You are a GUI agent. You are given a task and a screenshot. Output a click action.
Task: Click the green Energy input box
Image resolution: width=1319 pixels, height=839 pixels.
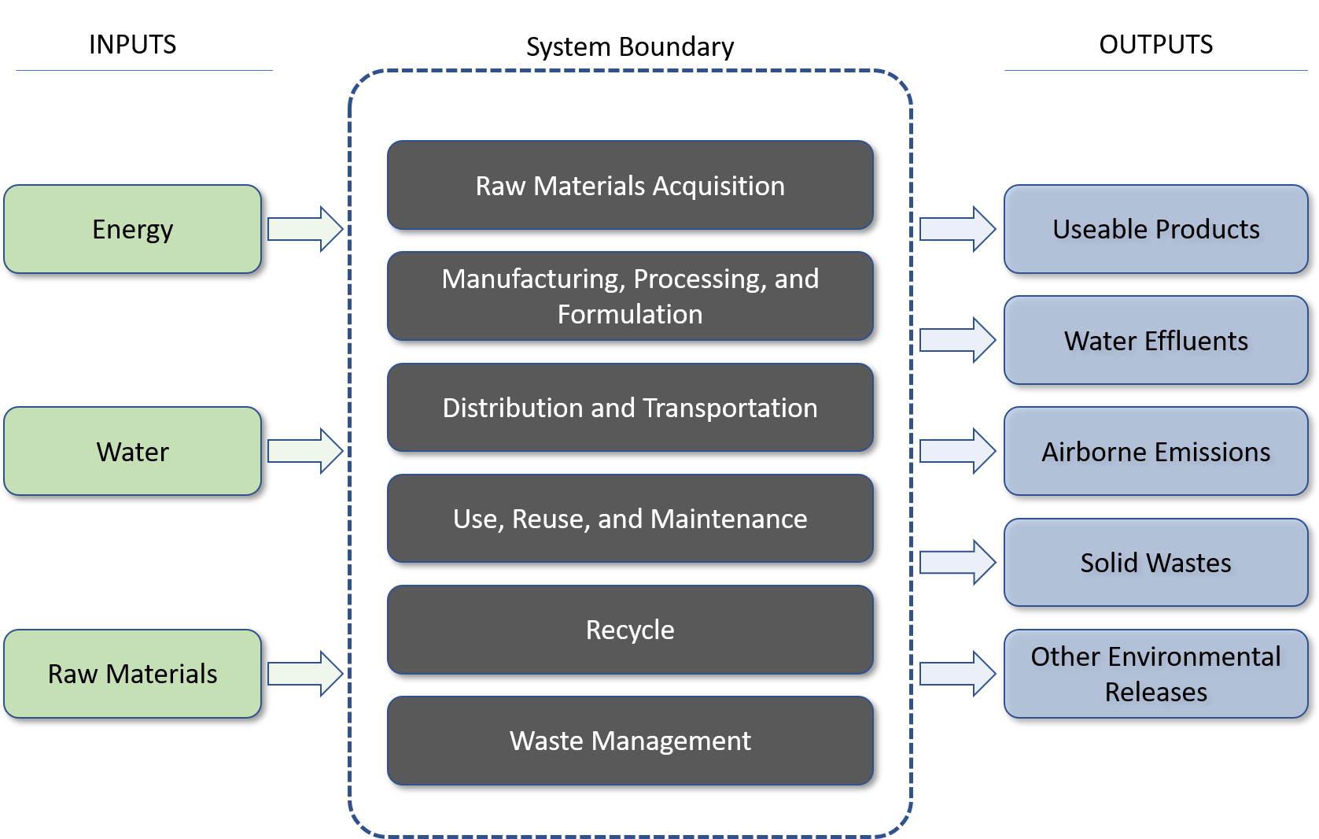click(x=132, y=229)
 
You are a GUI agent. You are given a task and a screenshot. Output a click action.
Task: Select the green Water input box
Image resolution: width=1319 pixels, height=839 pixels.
click(x=132, y=451)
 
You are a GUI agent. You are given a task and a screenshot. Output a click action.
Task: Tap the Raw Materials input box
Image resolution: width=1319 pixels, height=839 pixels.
click(x=132, y=674)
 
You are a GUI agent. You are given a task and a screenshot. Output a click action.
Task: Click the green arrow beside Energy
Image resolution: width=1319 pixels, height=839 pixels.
click(x=305, y=229)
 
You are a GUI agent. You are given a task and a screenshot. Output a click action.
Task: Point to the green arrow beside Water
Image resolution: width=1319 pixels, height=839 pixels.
click(x=305, y=451)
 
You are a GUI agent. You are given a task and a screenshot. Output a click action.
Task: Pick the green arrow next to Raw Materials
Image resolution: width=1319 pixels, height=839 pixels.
click(x=305, y=674)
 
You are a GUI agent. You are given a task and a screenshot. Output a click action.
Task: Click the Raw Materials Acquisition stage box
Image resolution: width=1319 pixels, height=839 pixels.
click(x=630, y=186)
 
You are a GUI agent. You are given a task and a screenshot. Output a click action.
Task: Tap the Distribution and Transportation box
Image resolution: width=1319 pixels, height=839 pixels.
click(x=630, y=408)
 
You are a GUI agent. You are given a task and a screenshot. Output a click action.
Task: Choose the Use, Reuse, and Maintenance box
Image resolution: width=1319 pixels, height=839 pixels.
click(x=630, y=519)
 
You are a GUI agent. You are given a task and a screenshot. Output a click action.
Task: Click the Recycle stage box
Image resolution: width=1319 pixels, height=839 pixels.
click(x=630, y=630)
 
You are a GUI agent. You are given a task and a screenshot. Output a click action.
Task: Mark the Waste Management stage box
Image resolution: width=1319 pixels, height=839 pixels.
click(x=630, y=741)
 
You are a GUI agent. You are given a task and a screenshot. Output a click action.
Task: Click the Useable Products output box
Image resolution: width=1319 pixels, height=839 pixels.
click(x=1155, y=229)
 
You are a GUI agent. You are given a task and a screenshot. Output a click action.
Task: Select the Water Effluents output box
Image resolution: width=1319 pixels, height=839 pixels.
click(x=1155, y=341)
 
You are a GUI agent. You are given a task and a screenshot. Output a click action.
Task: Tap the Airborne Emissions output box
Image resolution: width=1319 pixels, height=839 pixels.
click(x=1155, y=452)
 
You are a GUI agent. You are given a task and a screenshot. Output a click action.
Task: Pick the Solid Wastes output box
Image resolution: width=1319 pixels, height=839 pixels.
click(x=1155, y=563)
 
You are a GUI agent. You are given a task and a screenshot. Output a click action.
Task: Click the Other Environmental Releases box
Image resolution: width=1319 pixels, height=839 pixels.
click(x=1155, y=674)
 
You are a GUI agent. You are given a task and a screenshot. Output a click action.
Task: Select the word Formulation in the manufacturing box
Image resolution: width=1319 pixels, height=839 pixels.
click(x=630, y=315)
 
